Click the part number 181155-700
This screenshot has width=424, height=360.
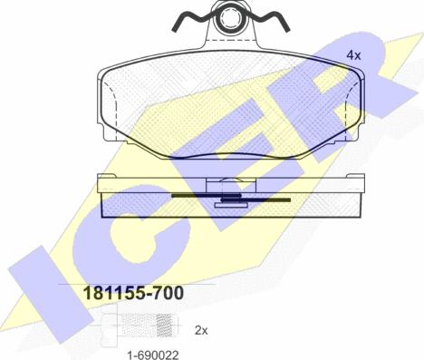(x=133, y=293)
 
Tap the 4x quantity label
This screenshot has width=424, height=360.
(x=353, y=55)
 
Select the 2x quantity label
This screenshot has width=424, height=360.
(x=201, y=330)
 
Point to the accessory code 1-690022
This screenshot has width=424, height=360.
(x=153, y=355)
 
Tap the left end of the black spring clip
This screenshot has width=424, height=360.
(x=174, y=30)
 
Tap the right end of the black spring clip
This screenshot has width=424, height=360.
(x=288, y=30)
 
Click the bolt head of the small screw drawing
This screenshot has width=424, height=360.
(x=109, y=326)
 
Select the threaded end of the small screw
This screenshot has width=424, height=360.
(x=166, y=326)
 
